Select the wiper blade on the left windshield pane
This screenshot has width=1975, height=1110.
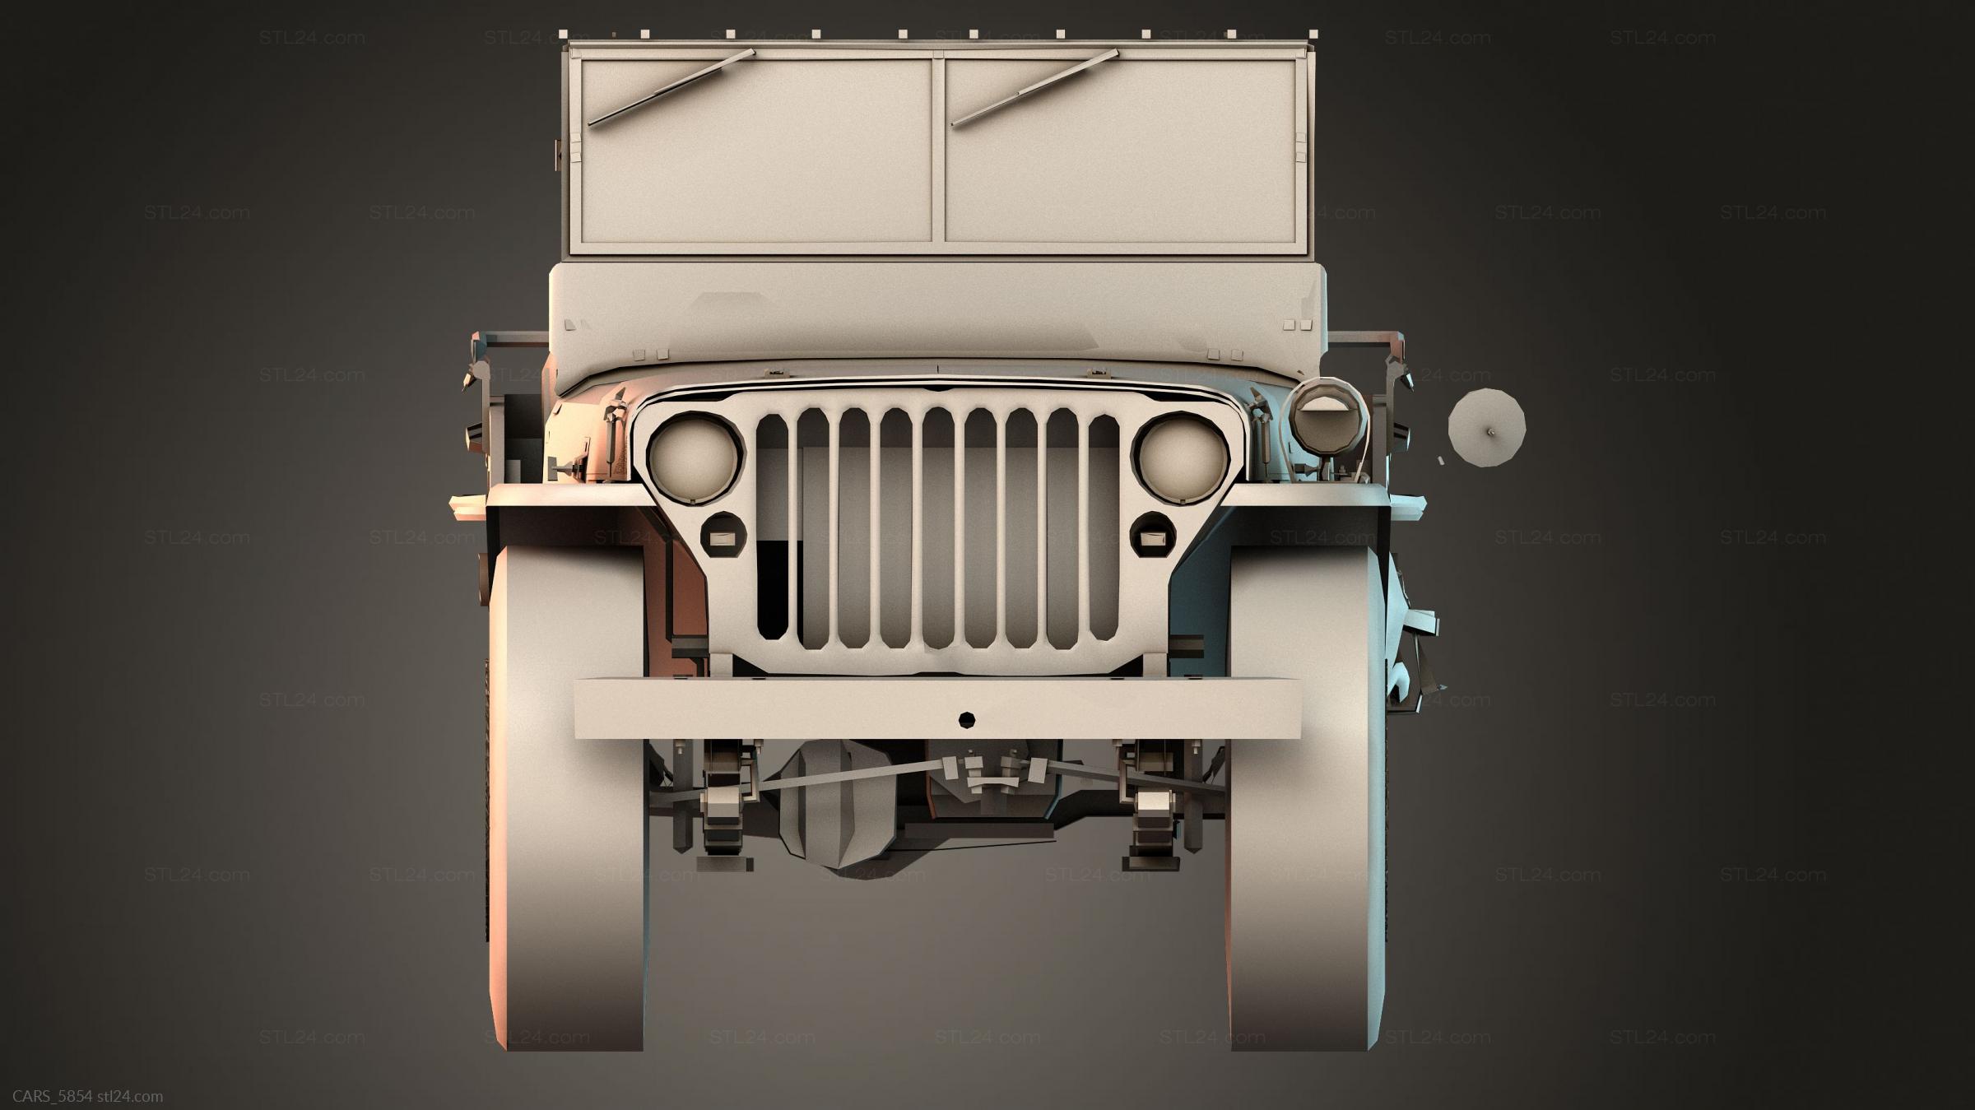click(671, 87)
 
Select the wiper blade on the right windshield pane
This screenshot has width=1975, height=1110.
click(1034, 87)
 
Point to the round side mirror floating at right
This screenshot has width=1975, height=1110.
click(1487, 428)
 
